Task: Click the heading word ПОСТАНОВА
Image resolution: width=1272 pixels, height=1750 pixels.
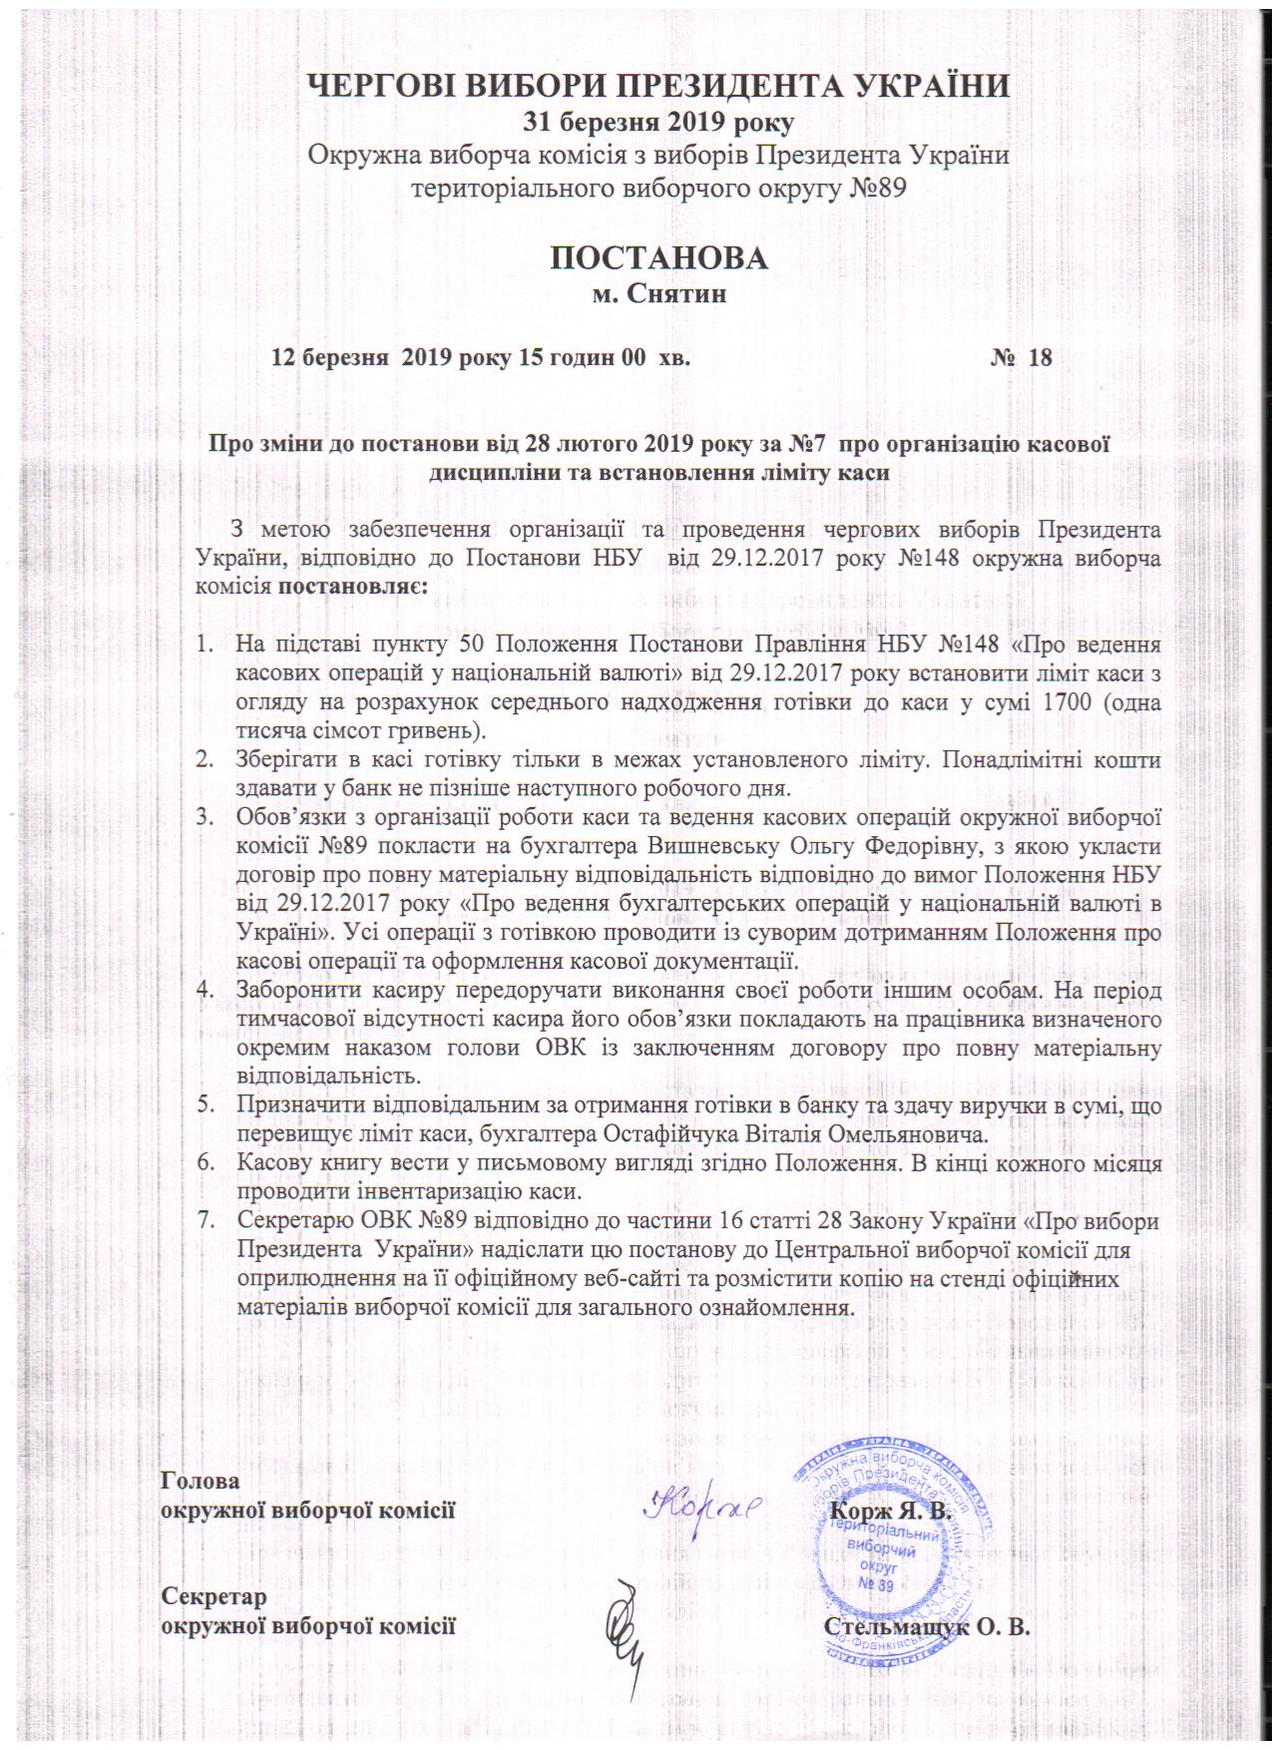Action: (659, 257)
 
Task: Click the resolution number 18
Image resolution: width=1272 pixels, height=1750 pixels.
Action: (1040, 357)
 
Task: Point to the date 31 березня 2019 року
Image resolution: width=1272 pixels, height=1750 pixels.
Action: (659, 123)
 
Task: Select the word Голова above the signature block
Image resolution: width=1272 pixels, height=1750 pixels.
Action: (201, 1482)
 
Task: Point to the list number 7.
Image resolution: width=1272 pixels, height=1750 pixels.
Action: (209, 1220)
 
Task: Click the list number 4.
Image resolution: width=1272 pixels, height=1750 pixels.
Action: (208, 992)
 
